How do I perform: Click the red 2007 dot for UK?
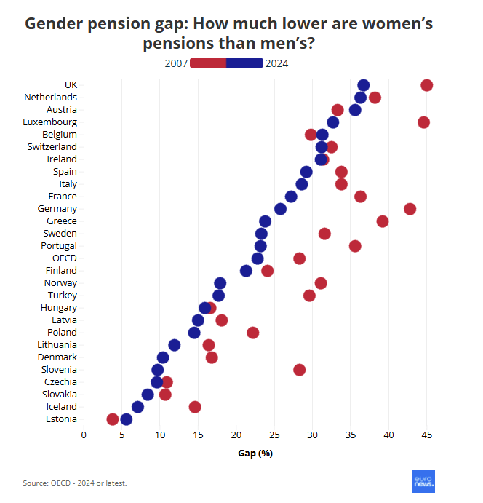(427, 85)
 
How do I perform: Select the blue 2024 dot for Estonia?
(126, 419)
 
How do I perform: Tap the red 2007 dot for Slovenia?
(299, 370)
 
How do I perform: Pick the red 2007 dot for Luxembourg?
(423, 122)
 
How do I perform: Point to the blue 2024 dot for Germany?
(280, 209)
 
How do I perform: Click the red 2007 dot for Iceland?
(194, 407)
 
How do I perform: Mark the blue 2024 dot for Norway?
(220, 283)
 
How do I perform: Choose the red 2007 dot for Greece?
(383, 221)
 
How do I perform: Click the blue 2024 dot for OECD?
(258, 258)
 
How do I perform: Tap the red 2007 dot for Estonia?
(112, 419)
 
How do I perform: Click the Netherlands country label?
(50, 97)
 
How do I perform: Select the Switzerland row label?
(52, 146)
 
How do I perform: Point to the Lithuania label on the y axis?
(57, 344)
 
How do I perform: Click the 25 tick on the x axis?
(274, 435)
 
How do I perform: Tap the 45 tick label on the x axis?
(427, 435)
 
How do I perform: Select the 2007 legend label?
(177, 63)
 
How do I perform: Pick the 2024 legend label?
(277, 63)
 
